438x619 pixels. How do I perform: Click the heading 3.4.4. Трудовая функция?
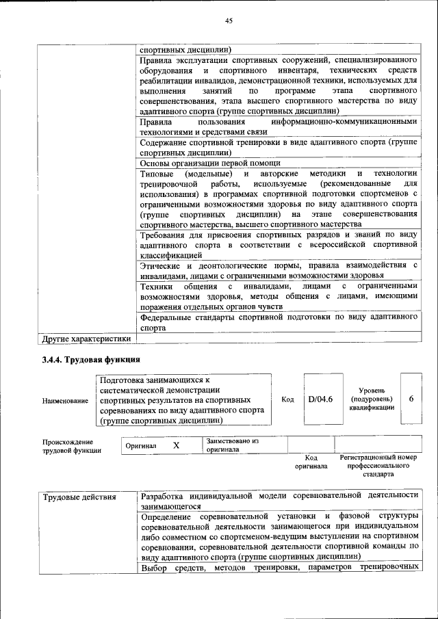[x=91, y=359]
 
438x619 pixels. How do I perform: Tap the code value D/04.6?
[x=320, y=399]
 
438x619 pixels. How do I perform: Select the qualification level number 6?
[x=411, y=399]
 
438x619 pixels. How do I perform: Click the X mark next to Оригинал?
[x=176, y=445]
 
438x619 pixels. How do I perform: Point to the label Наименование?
[x=65, y=400]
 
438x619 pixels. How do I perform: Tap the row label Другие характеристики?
[x=86, y=338]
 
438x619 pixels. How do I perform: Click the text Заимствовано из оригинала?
[x=233, y=445]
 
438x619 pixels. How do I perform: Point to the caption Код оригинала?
[x=311, y=462]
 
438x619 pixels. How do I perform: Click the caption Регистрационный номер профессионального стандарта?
[x=378, y=465]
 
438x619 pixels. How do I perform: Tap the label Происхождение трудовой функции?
[x=72, y=446]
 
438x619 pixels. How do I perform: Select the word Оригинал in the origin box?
[x=141, y=446]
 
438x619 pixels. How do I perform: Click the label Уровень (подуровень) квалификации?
[x=371, y=399]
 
